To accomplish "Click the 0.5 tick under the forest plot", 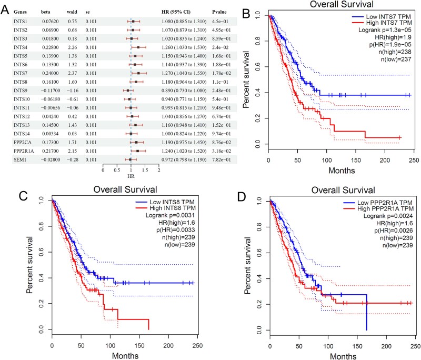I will pos(117,171).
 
